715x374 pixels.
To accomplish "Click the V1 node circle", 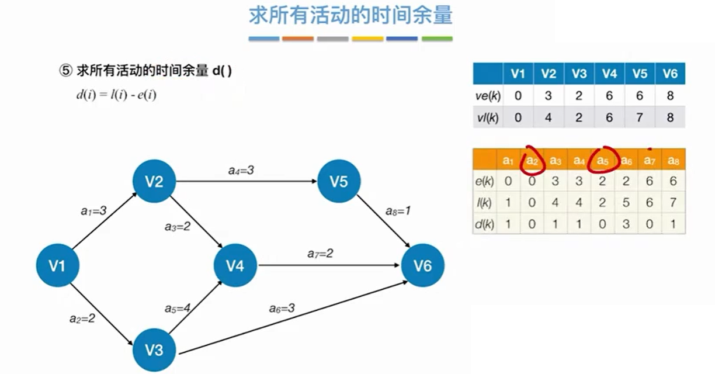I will pos(57,266).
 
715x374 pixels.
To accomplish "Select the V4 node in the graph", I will pos(235,266).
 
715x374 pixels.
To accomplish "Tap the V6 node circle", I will pos(422,266).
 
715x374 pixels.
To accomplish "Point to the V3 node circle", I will pos(154,350).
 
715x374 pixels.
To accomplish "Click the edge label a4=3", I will pos(241,171).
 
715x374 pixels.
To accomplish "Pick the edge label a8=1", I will pos(398,211).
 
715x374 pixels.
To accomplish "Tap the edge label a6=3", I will pos(282,308).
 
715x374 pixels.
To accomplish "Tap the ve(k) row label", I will pos(487,96).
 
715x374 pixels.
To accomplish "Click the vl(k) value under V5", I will pos(640,117).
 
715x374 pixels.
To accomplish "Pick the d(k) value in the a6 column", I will pos(626,224).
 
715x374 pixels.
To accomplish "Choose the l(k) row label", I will pos(485,203).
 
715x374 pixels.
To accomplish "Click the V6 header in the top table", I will pos(670,74).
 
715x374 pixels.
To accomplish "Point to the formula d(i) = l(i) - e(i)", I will pos(116,95).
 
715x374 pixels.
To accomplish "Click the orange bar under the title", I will pos(298,39).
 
